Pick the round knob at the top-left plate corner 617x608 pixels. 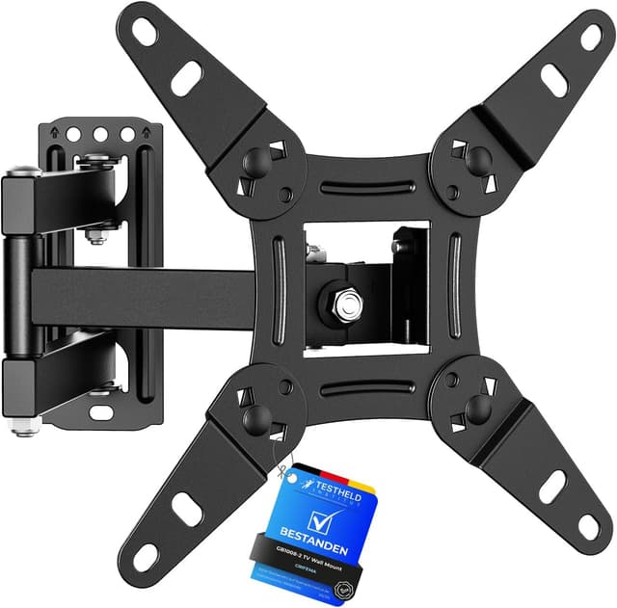pyautogui.click(x=255, y=160)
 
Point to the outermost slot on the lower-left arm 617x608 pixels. pyautogui.click(x=146, y=557)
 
